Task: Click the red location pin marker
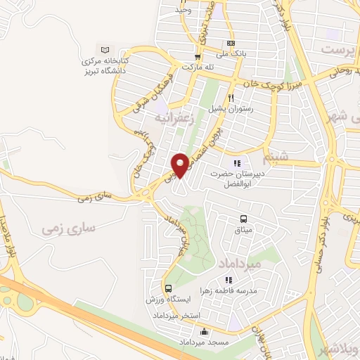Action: (181, 165)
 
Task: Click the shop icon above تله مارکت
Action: (198, 56)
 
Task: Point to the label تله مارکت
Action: (197, 67)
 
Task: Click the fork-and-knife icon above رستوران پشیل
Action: (230, 98)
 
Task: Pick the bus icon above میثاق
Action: (243, 219)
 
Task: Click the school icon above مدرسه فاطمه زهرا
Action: (247, 280)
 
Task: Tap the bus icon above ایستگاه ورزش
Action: (168, 289)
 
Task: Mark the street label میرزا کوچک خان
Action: (266, 82)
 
